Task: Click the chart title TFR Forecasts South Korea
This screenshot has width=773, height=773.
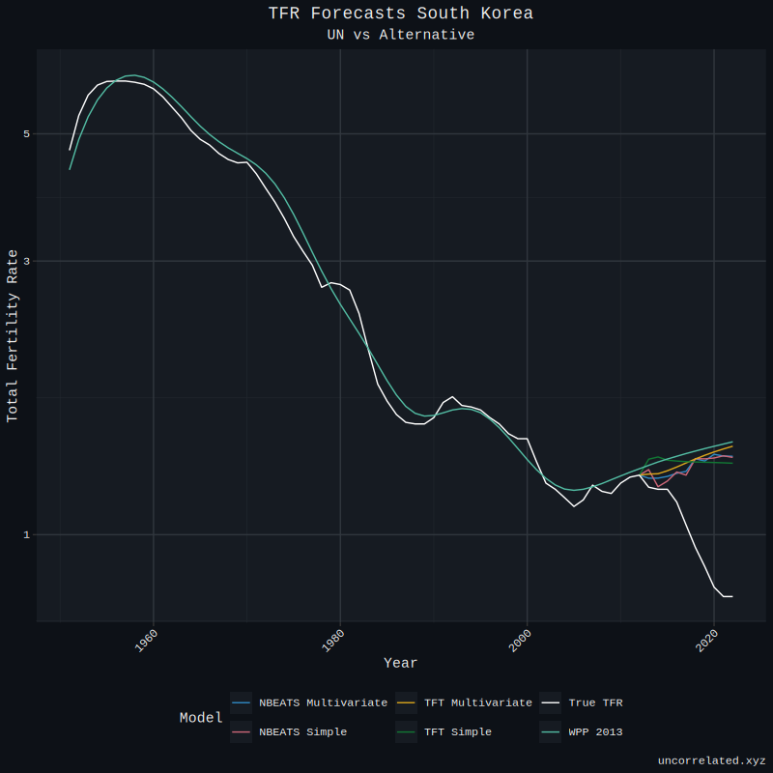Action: (x=400, y=14)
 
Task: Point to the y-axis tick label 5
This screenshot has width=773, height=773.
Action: (x=27, y=133)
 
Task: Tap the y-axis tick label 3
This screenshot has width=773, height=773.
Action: (x=27, y=261)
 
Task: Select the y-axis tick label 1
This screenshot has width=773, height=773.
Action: (x=27, y=534)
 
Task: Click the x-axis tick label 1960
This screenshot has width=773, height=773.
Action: (x=146, y=641)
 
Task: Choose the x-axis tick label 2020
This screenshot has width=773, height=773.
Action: (x=706, y=641)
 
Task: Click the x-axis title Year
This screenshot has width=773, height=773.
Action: (x=400, y=663)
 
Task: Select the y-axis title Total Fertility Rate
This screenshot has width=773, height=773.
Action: (x=13, y=335)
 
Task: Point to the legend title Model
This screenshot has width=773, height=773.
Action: (x=200, y=718)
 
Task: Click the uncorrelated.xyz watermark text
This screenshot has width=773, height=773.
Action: (x=711, y=760)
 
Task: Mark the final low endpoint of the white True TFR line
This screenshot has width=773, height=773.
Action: (x=732, y=596)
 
